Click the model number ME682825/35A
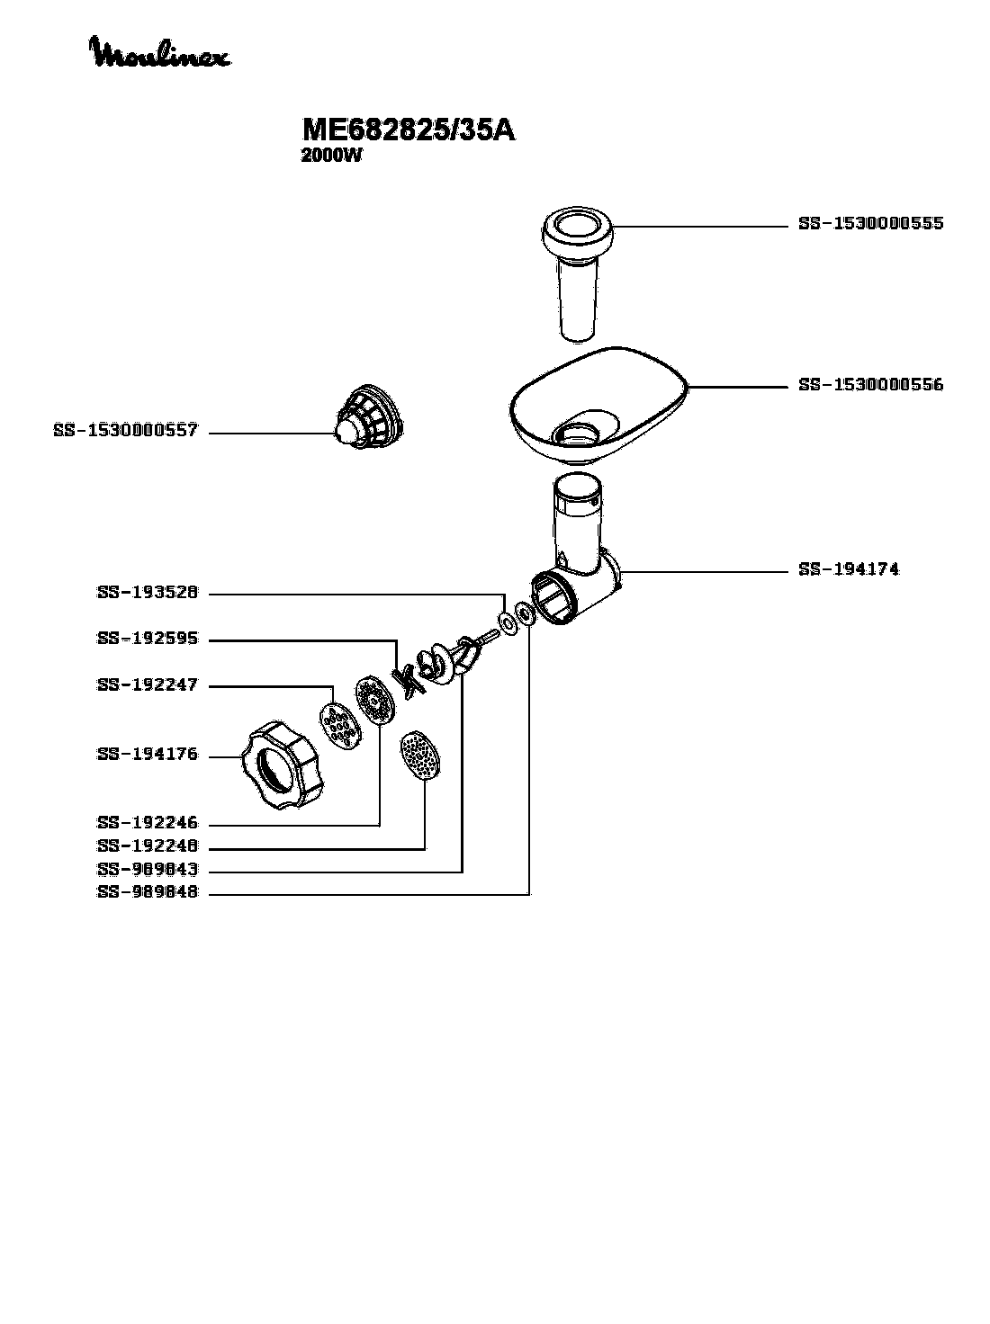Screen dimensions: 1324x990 coord(409,130)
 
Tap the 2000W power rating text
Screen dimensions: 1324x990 coord(331,156)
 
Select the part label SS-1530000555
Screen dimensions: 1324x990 coord(870,223)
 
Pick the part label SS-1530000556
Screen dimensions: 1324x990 coord(870,385)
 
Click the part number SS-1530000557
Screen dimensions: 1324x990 coord(125,432)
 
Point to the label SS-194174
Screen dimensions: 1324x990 coord(848,569)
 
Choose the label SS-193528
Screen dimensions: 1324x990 coord(147,593)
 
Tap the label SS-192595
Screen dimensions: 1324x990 coord(147,640)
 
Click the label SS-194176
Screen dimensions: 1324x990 coord(147,755)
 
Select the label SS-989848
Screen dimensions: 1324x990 coord(147,893)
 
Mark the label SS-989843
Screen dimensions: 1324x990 coord(147,870)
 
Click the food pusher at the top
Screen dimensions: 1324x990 coord(577,270)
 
